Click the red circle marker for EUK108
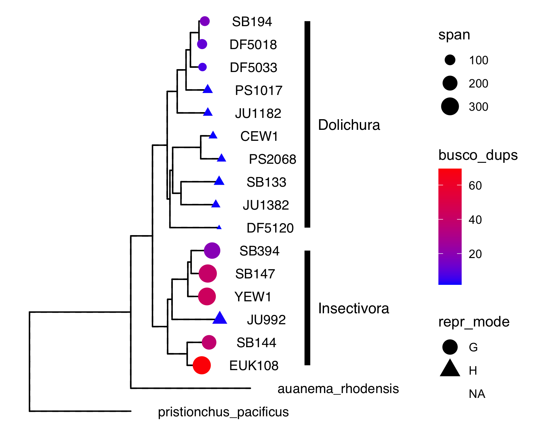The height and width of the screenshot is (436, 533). (x=202, y=365)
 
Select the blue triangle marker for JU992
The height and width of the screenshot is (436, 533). (x=220, y=318)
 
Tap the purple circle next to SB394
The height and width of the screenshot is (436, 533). (x=212, y=250)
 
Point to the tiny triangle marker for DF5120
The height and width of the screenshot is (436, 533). (x=219, y=227)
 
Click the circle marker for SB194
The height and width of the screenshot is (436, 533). (x=204, y=21)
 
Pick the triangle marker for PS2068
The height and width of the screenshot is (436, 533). (x=221, y=158)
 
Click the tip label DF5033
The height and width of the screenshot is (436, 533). (x=253, y=67)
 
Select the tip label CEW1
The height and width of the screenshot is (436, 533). (x=259, y=136)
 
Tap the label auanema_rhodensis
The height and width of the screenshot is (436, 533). (x=338, y=389)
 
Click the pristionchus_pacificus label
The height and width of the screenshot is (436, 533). (x=223, y=412)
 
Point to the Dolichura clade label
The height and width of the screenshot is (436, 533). (x=349, y=125)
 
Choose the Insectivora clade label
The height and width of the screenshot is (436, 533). (x=353, y=308)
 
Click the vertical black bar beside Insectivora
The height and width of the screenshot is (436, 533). (x=308, y=308)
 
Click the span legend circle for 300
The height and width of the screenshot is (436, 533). (x=450, y=106)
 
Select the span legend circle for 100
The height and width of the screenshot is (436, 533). (x=450, y=60)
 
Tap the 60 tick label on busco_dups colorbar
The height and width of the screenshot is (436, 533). (x=475, y=185)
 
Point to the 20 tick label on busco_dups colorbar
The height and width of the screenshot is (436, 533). (x=475, y=254)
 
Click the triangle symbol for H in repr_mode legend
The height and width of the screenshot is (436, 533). (x=450, y=369)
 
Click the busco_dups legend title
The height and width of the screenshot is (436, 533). (x=478, y=155)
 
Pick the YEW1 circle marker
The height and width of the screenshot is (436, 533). (x=207, y=296)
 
